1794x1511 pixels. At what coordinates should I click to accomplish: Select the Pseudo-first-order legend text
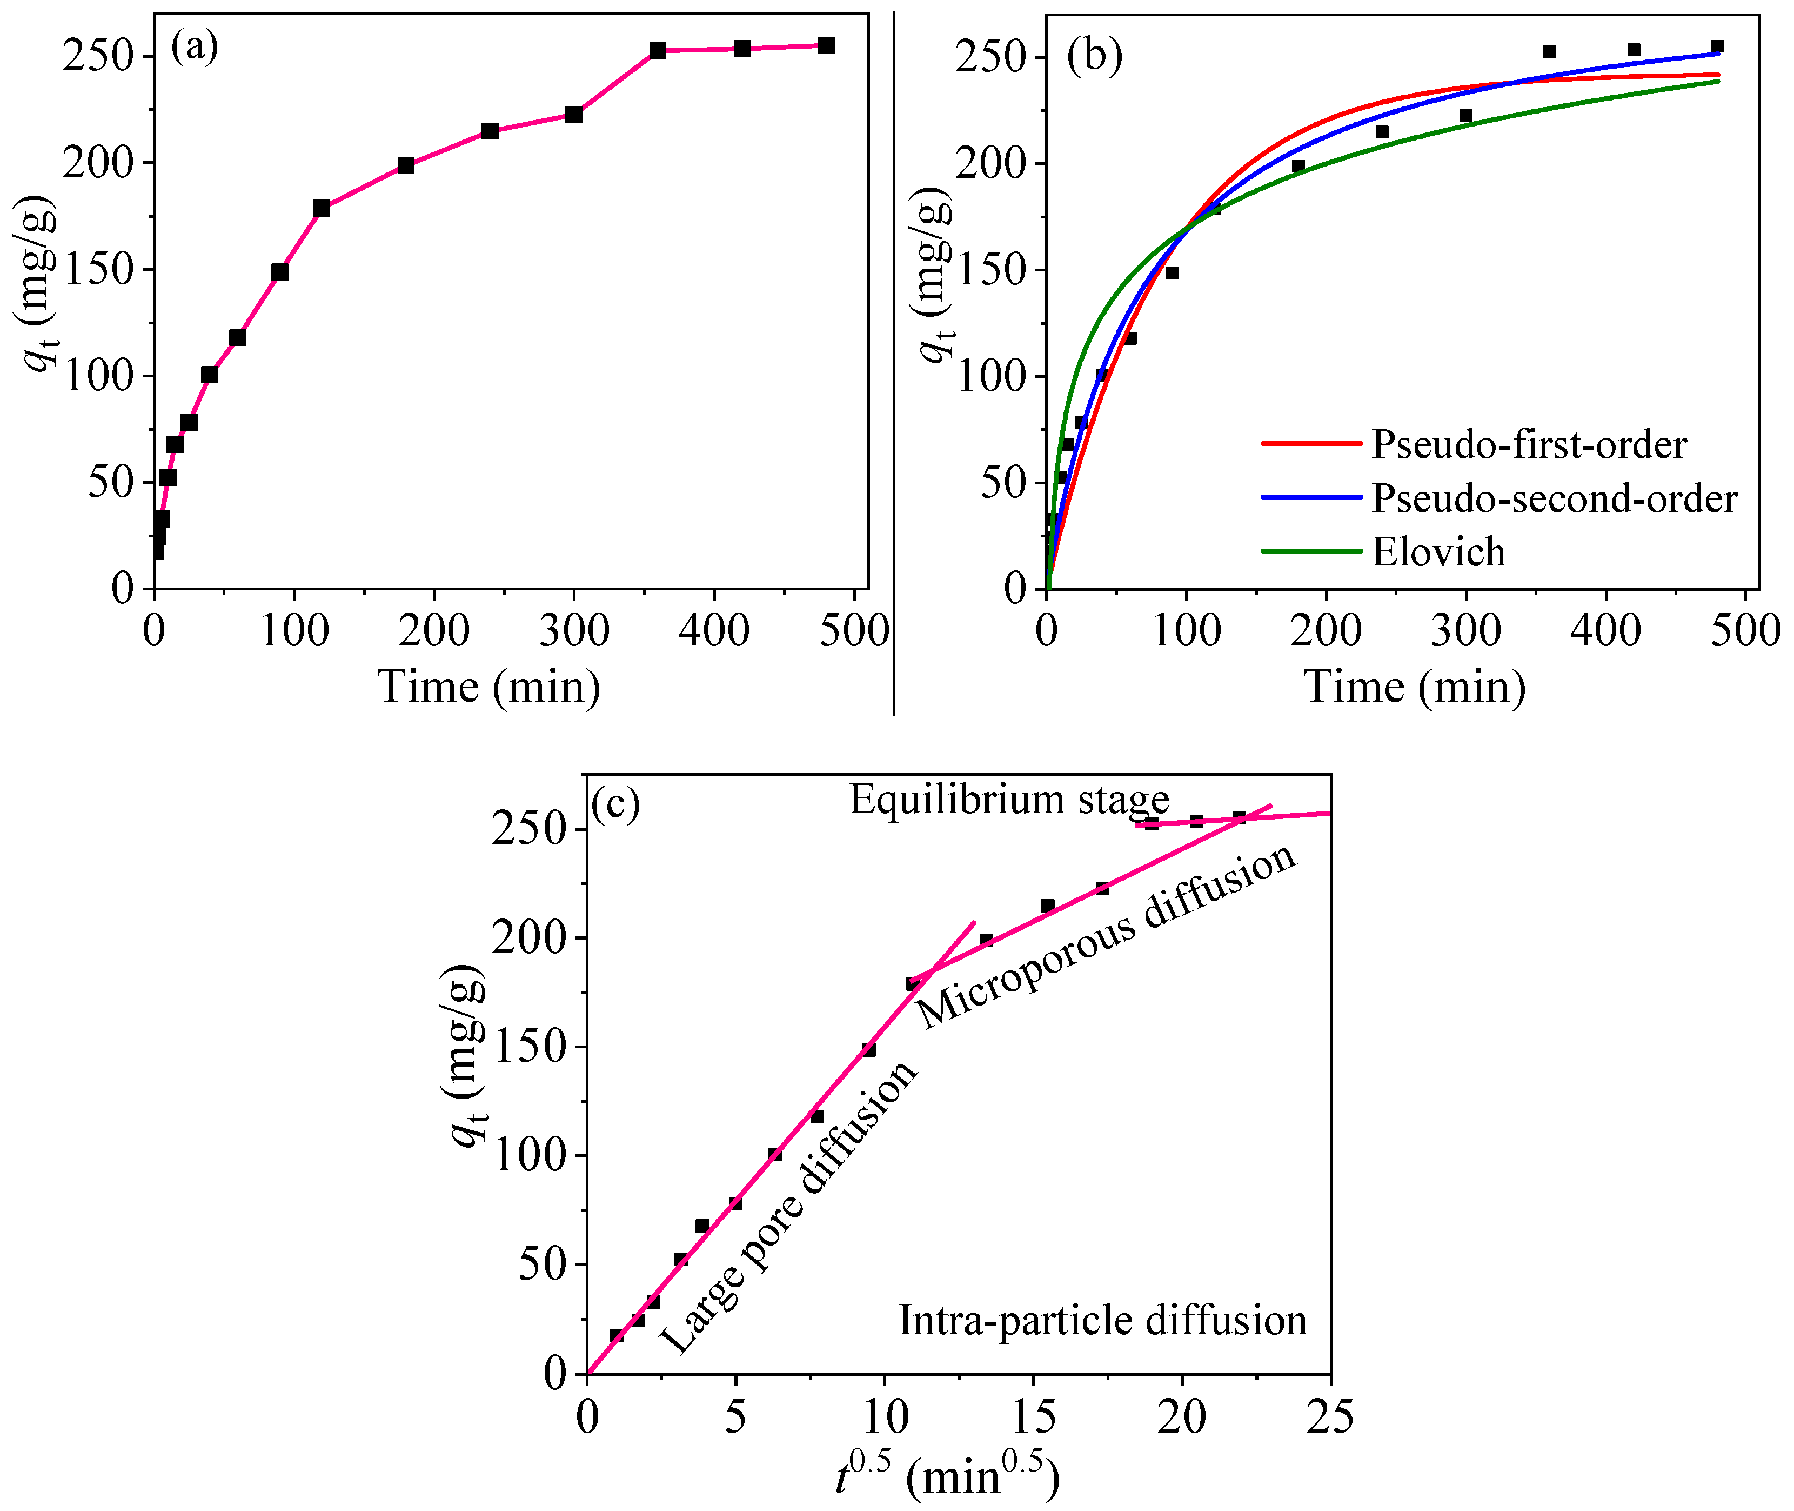pos(1529,444)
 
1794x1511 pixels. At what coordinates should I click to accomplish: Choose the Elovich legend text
pos(1438,551)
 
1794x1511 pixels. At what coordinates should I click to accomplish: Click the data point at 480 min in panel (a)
pos(826,45)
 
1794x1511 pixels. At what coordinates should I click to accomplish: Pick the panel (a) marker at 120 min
pos(322,208)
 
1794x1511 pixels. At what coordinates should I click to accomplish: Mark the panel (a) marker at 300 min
pos(574,115)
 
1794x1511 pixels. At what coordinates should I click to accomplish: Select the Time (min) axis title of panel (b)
pos(1415,687)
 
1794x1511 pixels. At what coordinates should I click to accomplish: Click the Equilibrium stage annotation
pos(1009,799)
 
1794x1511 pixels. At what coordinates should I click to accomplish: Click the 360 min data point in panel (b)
pos(1549,51)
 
